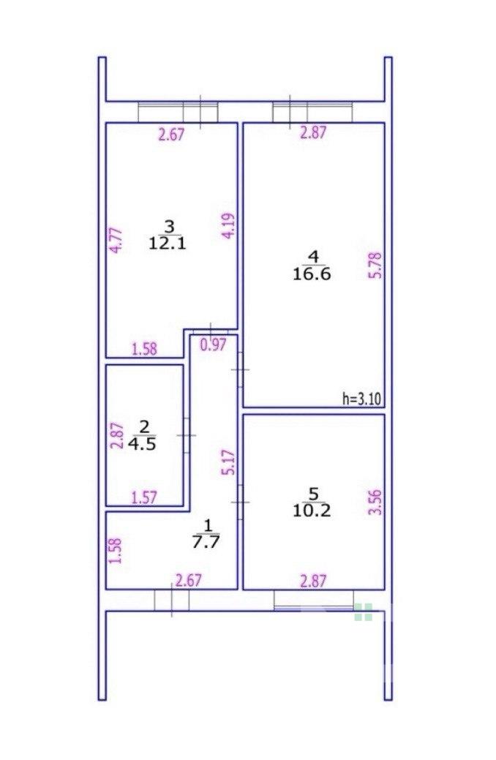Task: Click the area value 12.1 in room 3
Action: click(x=167, y=243)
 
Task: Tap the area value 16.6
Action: click(x=312, y=274)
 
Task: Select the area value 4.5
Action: click(x=142, y=445)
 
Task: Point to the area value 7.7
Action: click(x=206, y=541)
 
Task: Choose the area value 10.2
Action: click(x=312, y=511)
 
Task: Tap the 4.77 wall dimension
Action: click(x=116, y=241)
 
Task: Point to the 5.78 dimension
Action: click(x=376, y=265)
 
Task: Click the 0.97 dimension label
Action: click(x=214, y=345)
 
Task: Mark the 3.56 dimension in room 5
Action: click(x=376, y=503)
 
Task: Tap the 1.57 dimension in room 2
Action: click(x=145, y=498)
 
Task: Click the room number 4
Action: click(x=312, y=256)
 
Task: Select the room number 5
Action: click(x=312, y=494)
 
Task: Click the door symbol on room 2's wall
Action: click(x=186, y=435)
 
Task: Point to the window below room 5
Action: click(x=314, y=600)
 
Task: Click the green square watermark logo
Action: click(x=363, y=612)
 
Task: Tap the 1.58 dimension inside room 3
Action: click(x=145, y=349)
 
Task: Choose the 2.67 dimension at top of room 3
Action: click(x=172, y=135)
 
